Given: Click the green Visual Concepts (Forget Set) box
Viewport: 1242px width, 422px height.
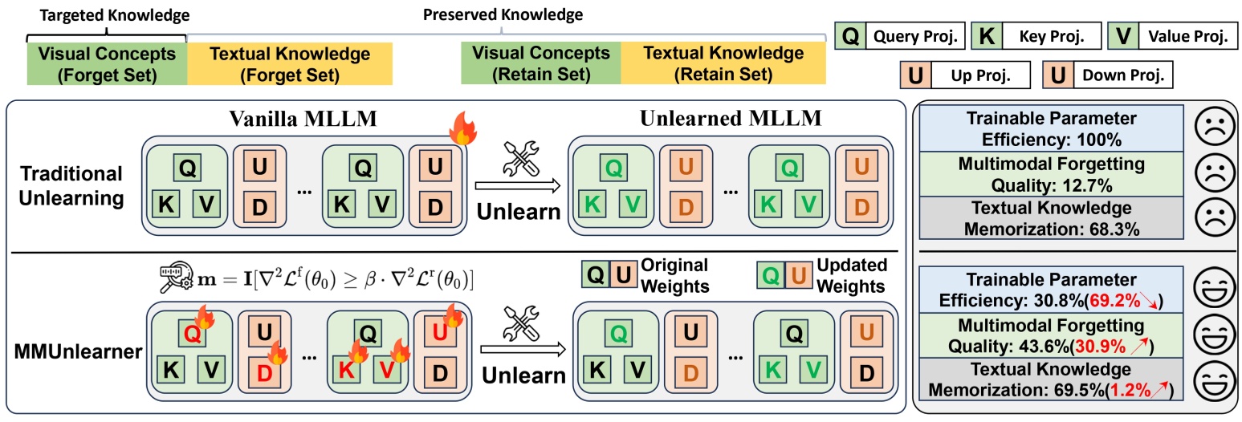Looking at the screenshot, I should [x=106, y=63].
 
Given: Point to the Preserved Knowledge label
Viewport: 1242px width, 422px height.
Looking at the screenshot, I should [x=503, y=14].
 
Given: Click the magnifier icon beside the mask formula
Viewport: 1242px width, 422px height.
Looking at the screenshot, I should [x=173, y=280].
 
